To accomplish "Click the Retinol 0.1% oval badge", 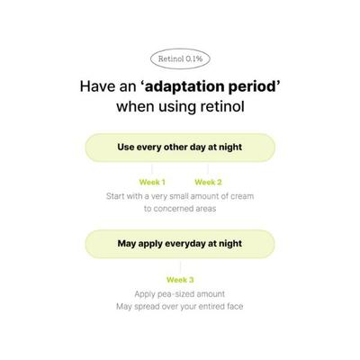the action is tap(180, 58).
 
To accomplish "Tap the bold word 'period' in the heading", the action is tap(255, 87).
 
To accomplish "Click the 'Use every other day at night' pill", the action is tap(180, 148).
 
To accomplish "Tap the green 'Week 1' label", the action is tap(152, 182).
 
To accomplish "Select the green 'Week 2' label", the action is tap(208, 182).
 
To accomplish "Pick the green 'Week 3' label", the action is tap(180, 280).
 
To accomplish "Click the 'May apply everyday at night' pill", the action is tap(180, 244).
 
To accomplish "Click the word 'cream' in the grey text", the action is tap(242, 196).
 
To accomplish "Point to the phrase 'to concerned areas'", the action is tap(180, 209).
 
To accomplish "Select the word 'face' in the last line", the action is tap(235, 306).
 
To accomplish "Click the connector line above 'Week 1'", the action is tap(152, 169).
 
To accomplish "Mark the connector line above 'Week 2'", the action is tap(208, 169).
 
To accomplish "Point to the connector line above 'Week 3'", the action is tap(180, 266).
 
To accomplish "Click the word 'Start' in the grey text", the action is tap(115, 196).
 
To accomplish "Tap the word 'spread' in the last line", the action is tap(147, 307).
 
